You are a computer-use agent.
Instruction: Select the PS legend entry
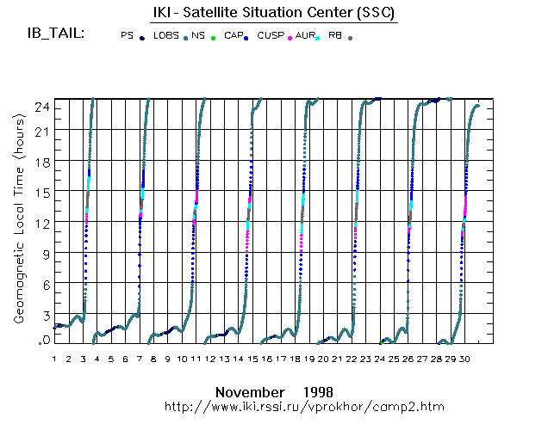[128, 36]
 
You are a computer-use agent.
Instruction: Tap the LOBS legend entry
[166, 36]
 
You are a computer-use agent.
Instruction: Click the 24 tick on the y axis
[39, 106]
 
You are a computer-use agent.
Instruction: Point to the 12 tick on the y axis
[39, 223]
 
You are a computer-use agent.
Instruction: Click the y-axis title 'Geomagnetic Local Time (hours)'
[18, 232]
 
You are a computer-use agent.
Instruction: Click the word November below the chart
[250, 390]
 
